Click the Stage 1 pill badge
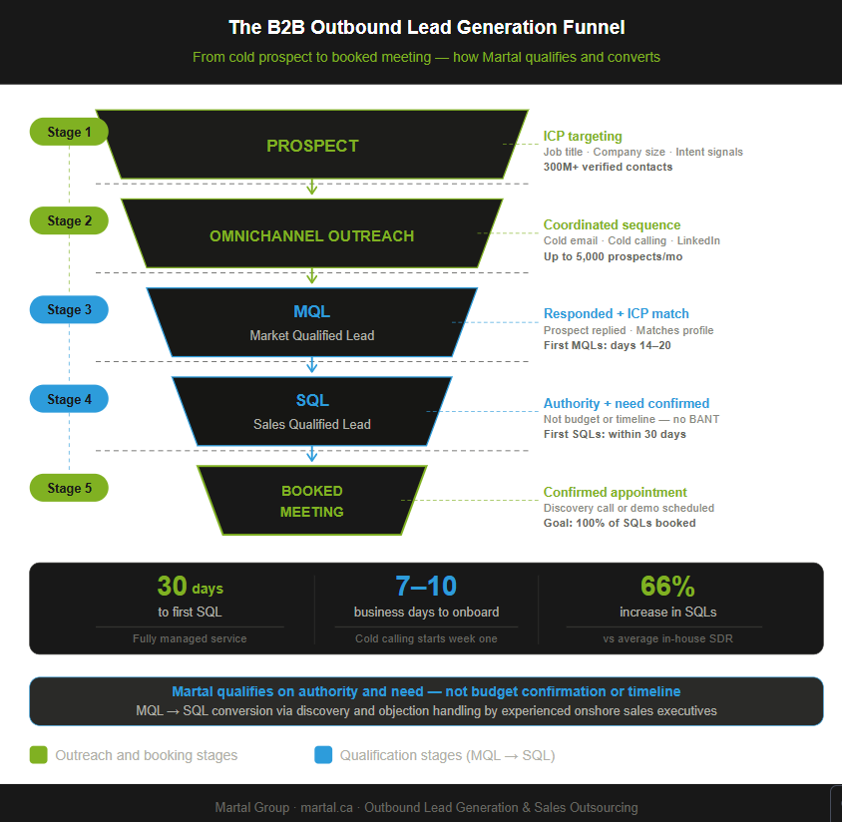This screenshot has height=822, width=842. pyautogui.click(x=69, y=132)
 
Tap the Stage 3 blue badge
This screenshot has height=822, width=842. pyautogui.click(x=69, y=310)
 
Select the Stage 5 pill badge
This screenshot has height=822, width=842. pyautogui.click(x=69, y=488)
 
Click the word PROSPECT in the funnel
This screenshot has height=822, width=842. pyautogui.click(x=312, y=146)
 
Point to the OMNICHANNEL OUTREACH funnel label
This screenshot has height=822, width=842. pyautogui.click(x=311, y=236)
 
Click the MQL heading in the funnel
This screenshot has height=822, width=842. pyautogui.click(x=312, y=312)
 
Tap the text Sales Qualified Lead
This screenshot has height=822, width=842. pyautogui.click(x=312, y=425)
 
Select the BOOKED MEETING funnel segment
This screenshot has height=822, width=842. pyautogui.click(x=312, y=501)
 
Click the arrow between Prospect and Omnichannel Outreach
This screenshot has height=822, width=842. pyautogui.click(x=312, y=187)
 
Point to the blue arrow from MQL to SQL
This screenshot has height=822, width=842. pyautogui.click(x=312, y=364)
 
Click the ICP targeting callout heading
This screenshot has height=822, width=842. pyautogui.click(x=583, y=137)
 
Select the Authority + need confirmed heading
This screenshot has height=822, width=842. pyautogui.click(x=627, y=404)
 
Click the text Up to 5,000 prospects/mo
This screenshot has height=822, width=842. pyautogui.click(x=613, y=256)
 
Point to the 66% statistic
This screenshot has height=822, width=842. pyautogui.click(x=667, y=586)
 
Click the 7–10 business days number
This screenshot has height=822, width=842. pyautogui.click(x=426, y=586)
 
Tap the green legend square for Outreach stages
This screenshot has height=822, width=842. pyautogui.click(x=39, y=755)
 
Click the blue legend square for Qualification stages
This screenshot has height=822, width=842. pyautogui.click(x=323, y=755)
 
